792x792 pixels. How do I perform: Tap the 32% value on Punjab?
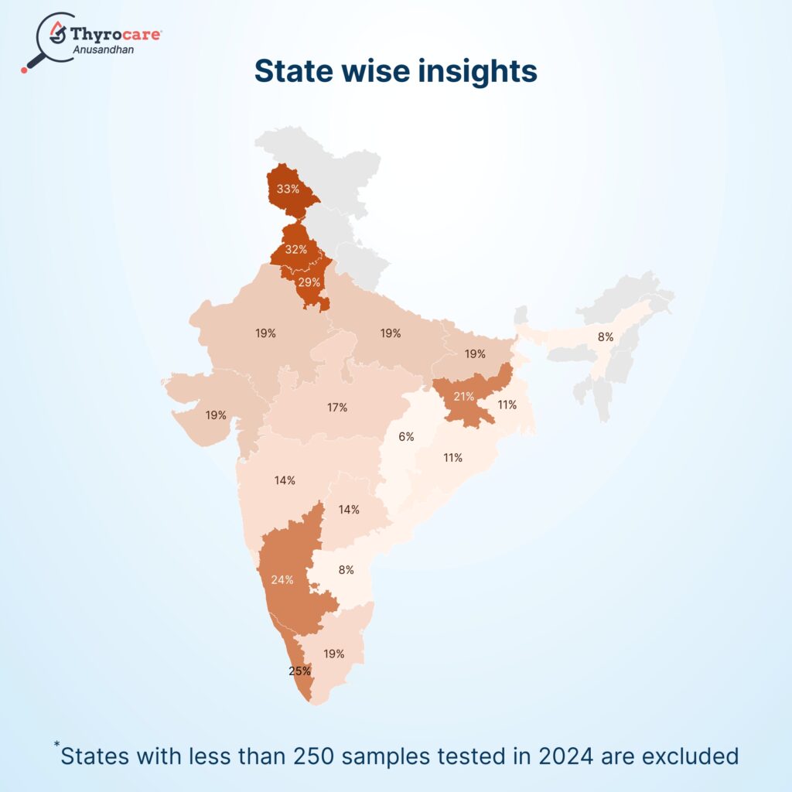tap(295, 250)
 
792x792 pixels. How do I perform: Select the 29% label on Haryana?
tap(309, 283)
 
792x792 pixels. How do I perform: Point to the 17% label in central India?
tap(337, 407)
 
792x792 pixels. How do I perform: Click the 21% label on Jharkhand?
tap(464, 396)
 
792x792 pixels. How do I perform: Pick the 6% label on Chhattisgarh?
tap(406, 437)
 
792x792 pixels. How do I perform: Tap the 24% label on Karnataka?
tap(282, 579)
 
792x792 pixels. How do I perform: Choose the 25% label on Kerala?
tap(299, 671)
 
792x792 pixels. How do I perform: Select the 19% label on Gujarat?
tap(216, 415)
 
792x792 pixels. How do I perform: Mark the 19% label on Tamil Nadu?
tap(334, 654)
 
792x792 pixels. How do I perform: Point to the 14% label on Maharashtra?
tap(285, 480)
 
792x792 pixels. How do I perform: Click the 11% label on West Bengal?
tap(507, 405)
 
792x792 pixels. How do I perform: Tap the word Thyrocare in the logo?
tap(116, 33)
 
